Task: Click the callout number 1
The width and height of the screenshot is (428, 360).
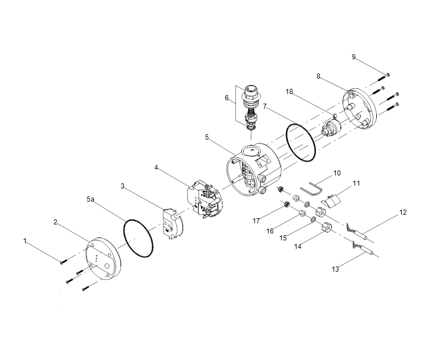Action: coord(25,241)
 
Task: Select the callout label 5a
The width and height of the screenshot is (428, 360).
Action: coord(90,199)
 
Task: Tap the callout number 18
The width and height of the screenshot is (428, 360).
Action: coord(290,92)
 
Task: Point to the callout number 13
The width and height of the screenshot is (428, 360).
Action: coord(336,269)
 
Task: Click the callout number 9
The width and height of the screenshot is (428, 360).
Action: coord(353,57)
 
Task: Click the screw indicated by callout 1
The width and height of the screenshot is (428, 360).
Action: coord(63,261)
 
